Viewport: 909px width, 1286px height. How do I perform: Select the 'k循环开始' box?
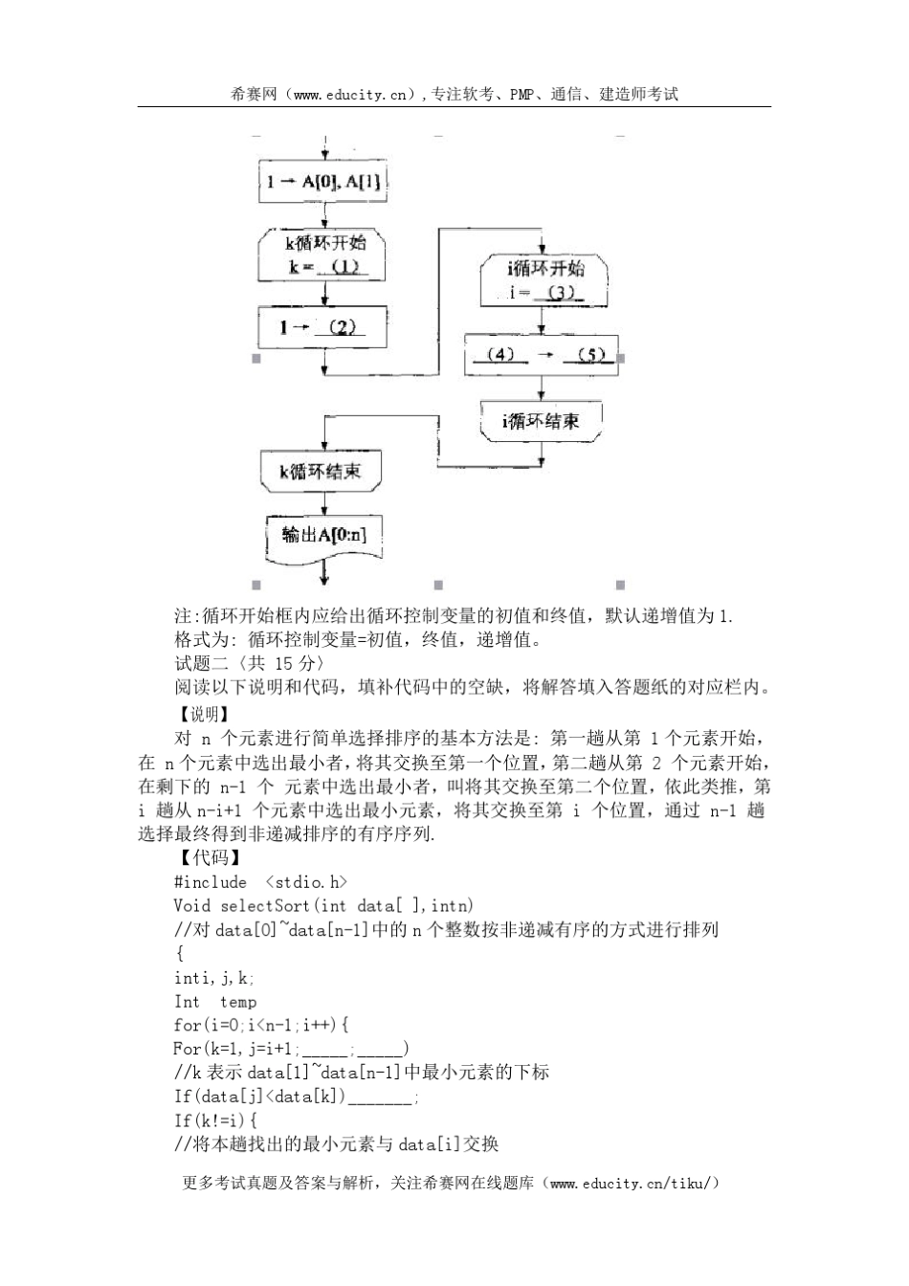[324, 255]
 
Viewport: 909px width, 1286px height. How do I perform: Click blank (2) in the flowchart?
[342, 327]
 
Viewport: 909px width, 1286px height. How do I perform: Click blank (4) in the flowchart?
[500, 355]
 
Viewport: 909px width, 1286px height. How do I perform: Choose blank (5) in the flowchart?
[590, 355]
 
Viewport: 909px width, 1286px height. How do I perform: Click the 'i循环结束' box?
[542, 420]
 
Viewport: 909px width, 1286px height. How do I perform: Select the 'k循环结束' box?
[321, 471]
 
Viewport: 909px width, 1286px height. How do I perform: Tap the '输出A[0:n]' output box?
[324, 534]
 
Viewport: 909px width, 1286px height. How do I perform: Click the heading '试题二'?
[198, 664]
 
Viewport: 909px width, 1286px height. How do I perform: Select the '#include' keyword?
[211, 882]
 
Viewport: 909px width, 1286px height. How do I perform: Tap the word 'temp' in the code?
[238, 1002]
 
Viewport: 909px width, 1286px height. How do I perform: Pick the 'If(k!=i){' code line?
[216, 1120]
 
